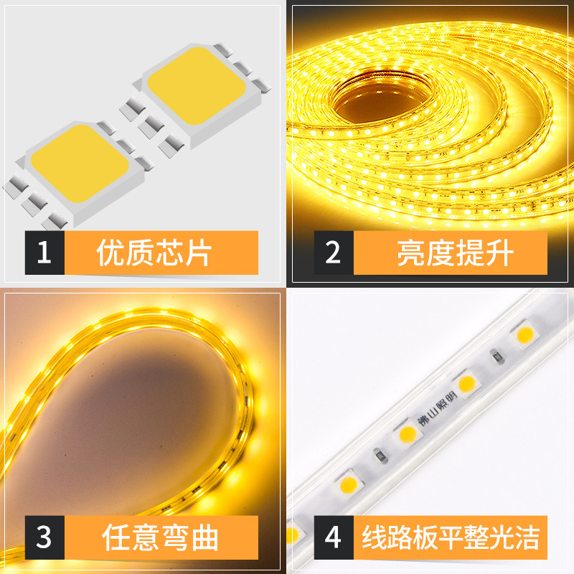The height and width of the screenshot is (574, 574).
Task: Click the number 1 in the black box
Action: pos(44,253)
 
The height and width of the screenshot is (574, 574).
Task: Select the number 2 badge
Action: pos(332,253)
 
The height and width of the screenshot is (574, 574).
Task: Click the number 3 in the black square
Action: pos(44,537)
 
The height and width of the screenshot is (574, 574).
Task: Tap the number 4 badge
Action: pos(332,537)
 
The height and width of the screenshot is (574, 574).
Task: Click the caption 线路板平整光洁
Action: pos(450,537)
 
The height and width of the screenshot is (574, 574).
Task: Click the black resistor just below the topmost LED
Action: pos(494,357)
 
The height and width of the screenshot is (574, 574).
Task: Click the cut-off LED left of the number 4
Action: pos(293,535)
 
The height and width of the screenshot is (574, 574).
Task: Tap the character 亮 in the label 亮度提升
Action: pos(410,253)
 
